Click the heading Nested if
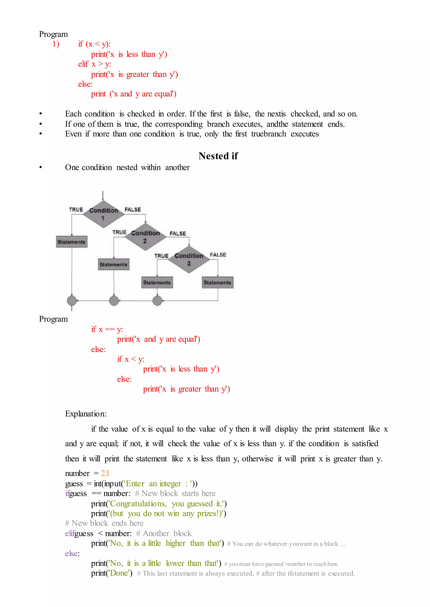[x=218, y=156]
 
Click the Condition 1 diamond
[x=103, y=214]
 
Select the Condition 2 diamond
[x=145, y=237]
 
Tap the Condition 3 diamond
[x=189, y=259]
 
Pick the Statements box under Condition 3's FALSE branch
[x=217, y=283]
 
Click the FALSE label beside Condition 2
[x=178, y=233]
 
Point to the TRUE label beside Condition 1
[x=76, y=210]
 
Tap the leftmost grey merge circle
[x=72, y=301]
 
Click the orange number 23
[x=105, y=473]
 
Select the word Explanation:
[x=86, y=414]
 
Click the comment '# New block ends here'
[x=104, y=523]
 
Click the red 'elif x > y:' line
[x=94, y=64]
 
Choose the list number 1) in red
[x=56, y=44]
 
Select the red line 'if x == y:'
[x=107, y=329]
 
